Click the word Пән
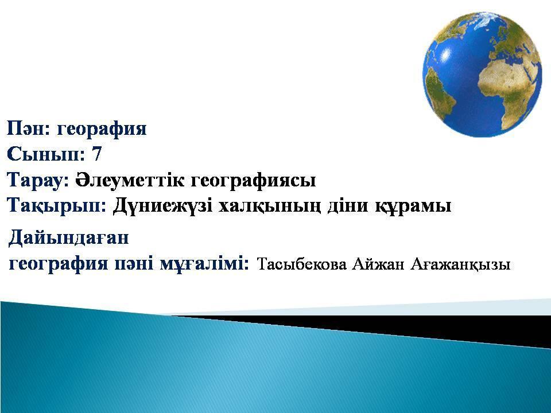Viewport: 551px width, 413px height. (28, 128)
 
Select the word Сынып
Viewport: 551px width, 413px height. (44, 154)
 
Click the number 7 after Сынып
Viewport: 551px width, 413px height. (96, 154)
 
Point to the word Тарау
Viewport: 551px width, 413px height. (36, 180)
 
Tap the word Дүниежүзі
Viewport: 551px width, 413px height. (162, 206)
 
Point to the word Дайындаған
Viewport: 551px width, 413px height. (69, 237)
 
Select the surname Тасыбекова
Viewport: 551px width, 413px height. (301, 264)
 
